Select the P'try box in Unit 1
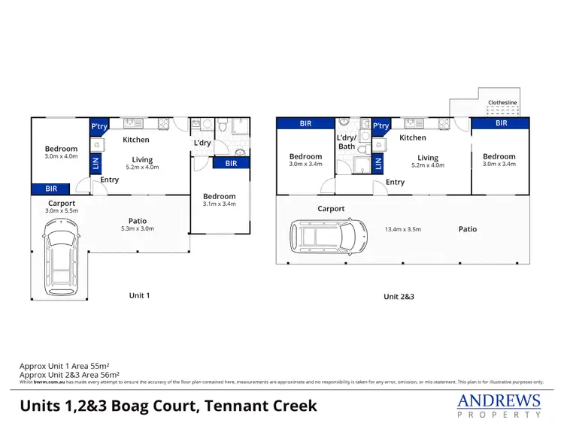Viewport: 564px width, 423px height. [x=99, y=127]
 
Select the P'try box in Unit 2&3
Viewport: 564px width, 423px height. [x=381, y=126]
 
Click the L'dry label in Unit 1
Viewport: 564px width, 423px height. [x=202, y=143]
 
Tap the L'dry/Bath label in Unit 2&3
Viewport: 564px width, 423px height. [x=347, y=142]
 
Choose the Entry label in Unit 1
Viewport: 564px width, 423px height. [x=110, y=180]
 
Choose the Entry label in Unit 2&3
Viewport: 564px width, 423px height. [x=395, y=182]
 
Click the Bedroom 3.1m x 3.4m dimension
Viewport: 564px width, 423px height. [x=220, y=203]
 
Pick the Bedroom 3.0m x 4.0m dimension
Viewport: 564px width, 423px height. [x=61, y=157]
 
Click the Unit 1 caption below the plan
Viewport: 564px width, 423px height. [x=140, y=295]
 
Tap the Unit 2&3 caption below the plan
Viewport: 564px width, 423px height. [x=399, y=296]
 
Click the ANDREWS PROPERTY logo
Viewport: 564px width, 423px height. [x=499, y=405]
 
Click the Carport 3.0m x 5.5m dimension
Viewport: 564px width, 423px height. [x=61, y=211]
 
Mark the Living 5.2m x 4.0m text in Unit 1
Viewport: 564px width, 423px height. [x=142, y=168]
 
